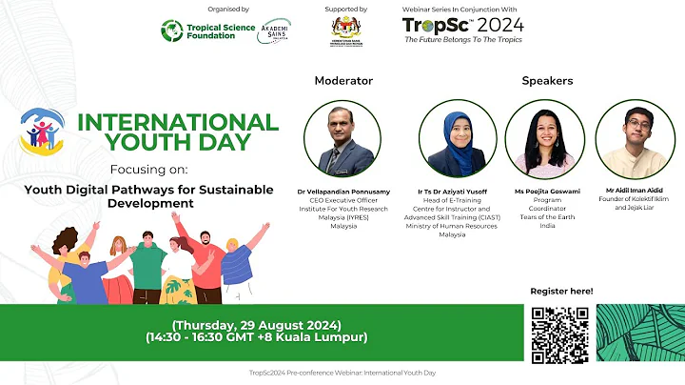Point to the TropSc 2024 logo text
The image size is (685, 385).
(463, 25)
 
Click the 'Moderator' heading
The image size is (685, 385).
(343, 81)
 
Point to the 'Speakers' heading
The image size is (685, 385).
(547, 81)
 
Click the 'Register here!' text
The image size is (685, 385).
(560, 291)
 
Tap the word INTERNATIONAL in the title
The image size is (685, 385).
(178, 122)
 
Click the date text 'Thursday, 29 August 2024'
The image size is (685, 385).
(256, 324)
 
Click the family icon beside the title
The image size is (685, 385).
(42, 132)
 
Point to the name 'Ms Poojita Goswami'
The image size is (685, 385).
(546, 192)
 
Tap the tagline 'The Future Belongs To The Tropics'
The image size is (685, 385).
(464, 40)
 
